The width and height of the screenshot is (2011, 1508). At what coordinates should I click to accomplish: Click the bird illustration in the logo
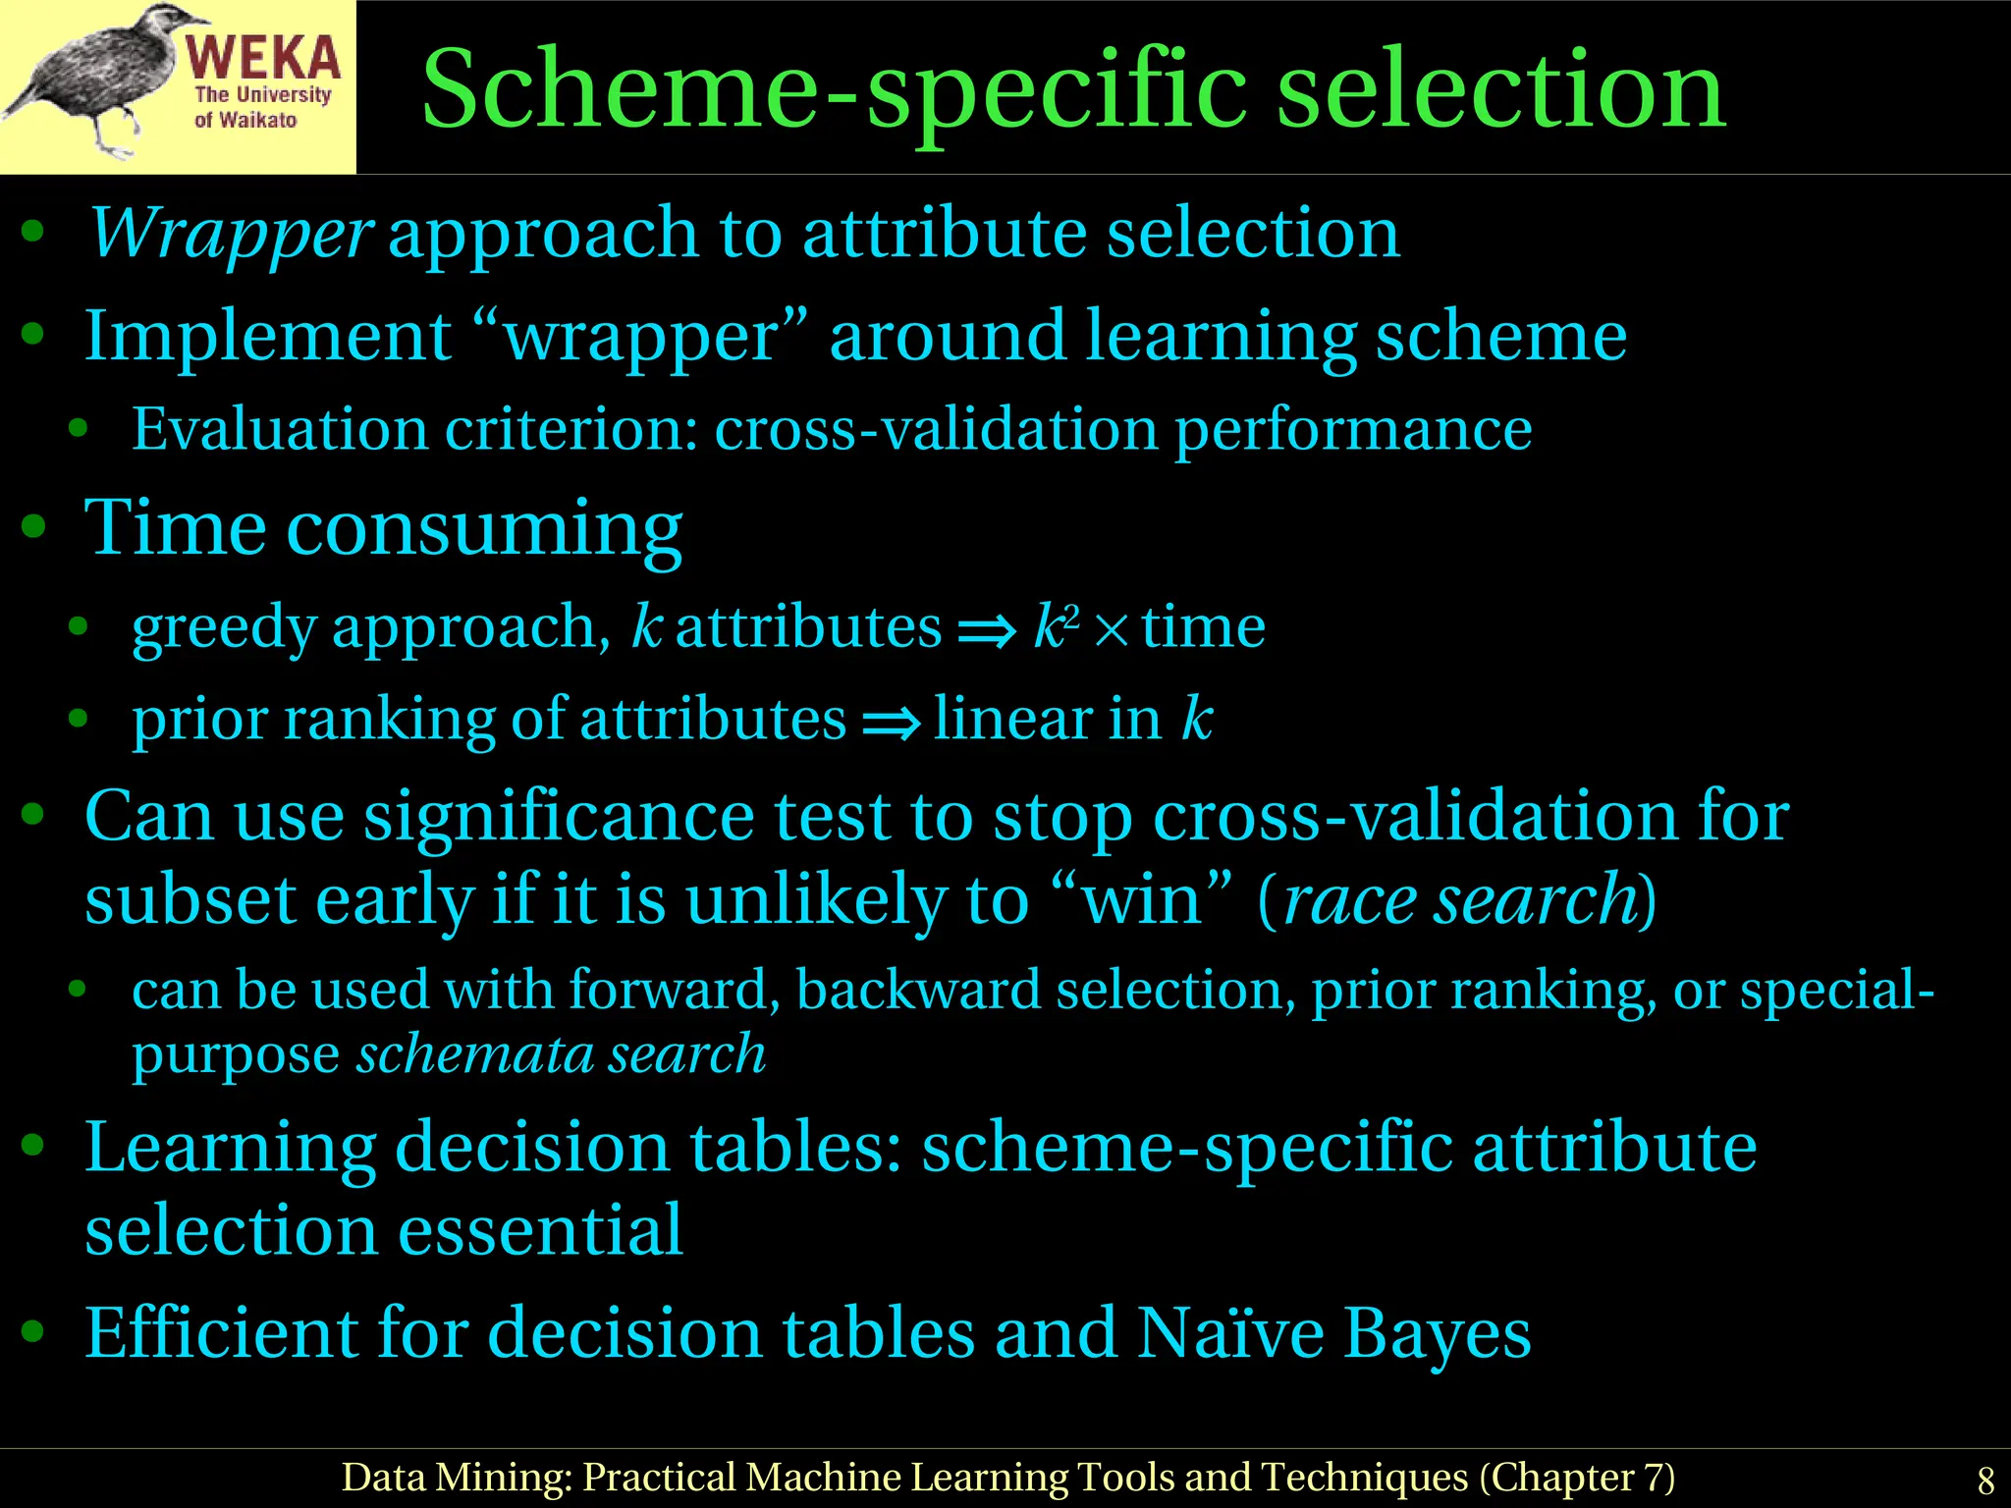[x=93, y=79]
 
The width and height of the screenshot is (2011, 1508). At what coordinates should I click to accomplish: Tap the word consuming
[x=484, y=529]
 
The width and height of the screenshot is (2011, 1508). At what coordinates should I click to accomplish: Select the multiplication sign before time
[x=1112, y=630]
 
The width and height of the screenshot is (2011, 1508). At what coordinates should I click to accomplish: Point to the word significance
[x=559, y=817]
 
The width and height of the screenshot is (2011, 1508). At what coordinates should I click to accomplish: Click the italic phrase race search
[x=1458, y=899]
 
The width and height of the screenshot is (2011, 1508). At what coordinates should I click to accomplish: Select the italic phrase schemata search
[x=561, y=1054]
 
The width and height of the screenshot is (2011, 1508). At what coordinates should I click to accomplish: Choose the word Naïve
[x=1230, y=1333]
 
